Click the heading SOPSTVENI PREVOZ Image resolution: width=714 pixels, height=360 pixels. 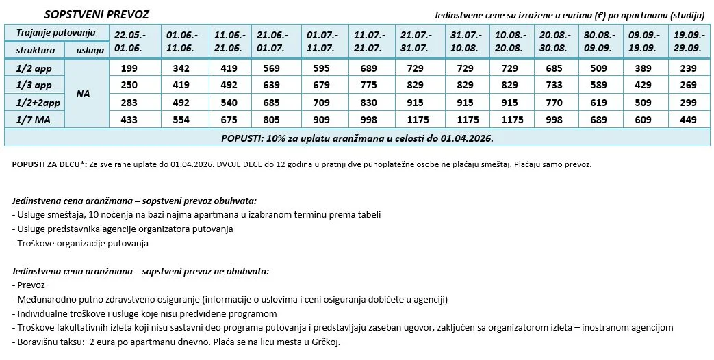(97, 14)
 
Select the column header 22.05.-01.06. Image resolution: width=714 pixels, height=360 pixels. (130, 41)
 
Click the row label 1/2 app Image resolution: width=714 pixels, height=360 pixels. (34, 68)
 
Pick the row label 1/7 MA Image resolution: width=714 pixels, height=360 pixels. (34, 119)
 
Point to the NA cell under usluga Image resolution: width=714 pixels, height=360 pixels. (84, 93)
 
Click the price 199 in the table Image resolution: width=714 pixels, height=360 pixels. (129, 68)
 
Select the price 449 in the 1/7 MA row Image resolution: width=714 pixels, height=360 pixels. (687, 119)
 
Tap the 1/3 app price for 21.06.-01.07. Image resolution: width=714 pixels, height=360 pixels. (272, 85)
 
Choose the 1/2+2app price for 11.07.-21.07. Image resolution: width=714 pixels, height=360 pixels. (367, 102)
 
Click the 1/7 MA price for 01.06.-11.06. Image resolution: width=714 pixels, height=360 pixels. (181, 119)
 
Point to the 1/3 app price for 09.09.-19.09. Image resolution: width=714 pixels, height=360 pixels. (641, 85)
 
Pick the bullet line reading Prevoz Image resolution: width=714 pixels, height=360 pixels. (30, 285)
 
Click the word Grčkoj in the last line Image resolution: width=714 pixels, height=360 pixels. (326, 342)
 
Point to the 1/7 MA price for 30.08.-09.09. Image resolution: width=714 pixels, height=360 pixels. (596, 119)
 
